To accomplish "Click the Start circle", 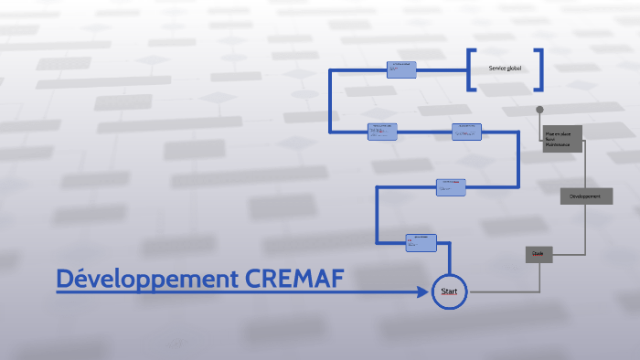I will pos(449,291).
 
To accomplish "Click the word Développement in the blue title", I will pos(147,280).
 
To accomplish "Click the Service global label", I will pos(505,69).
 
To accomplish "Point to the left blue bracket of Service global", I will pos(470,69).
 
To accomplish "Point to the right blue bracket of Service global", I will pos(540,69).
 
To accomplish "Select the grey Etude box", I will pos(539,255).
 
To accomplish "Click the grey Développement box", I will pos(586,196).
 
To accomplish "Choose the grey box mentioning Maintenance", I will pos(562,139).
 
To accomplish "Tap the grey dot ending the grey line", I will pos(540,110).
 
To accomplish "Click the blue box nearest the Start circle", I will pos(421,242).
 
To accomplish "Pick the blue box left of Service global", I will pos(401,69).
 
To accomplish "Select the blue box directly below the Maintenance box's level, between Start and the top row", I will pos(451,186).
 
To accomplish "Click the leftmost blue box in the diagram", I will pos(382,132).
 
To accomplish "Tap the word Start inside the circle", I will pos(449,291).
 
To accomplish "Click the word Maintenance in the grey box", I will pos(558,144).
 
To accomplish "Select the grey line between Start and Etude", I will pos(498,292).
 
